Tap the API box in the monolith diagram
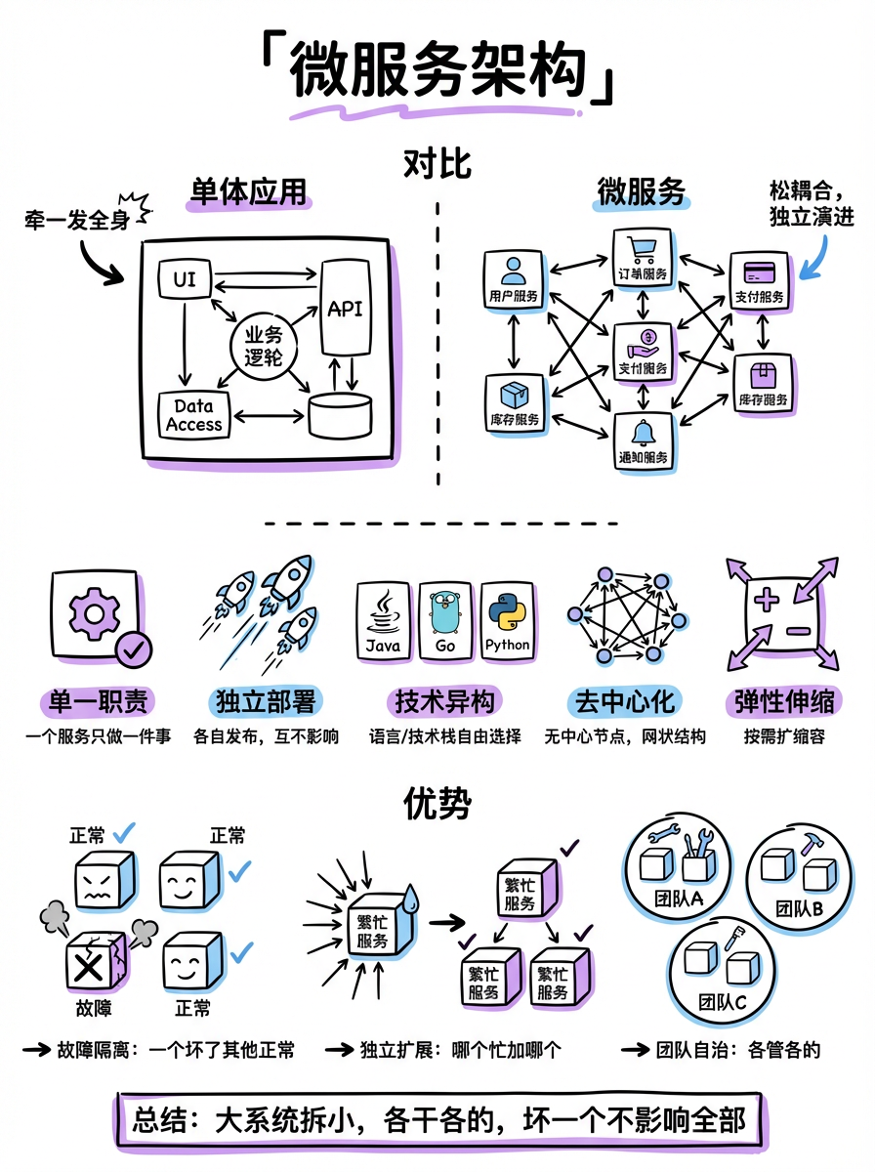(x=345, y=309)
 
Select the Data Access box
(x=193, y=414)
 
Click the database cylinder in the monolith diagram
(x=340, y=415)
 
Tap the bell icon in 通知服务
(x=642, y=433)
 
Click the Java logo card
(x=383, y=621)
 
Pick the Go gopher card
(x=445, y=621)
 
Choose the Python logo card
(x=508, y=621)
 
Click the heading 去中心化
(x=624, y=701)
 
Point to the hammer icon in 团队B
(x=812, y=844)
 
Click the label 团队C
(x=724, y=1002)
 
